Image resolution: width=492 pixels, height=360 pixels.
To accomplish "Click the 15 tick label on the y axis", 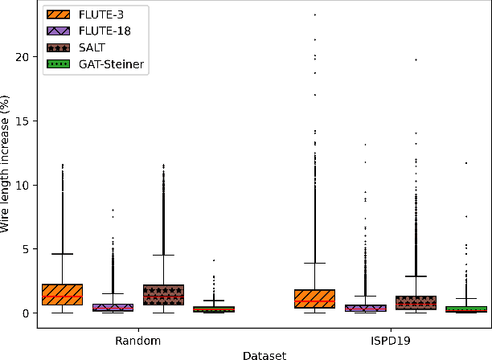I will pyautogui.click(x=23, y=121).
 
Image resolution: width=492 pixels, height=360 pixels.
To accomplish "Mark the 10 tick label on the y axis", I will pyautogui.click(x=23, y=185).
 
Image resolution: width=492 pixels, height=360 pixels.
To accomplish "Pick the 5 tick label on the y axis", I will pyautogui.click(x=27, y=249).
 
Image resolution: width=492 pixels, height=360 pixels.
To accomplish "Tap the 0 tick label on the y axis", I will pyautogui.click(x=27, y=313).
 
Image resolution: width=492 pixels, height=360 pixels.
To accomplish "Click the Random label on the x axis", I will pyautogui.click(x=137, y=341).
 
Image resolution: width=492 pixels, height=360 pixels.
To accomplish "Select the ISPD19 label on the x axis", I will pyautogui.click(x=391, y=341).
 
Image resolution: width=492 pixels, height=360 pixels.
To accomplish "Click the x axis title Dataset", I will pyautogui.click(x=264, y=354).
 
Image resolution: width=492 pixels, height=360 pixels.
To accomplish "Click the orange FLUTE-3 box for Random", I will pyautogui.click(x=62, y=295).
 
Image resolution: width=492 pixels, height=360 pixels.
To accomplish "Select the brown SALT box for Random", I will pyautogui.click(x=163, y=295).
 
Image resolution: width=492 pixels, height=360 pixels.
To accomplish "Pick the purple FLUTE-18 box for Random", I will pyautogui.click(x=113, y=307).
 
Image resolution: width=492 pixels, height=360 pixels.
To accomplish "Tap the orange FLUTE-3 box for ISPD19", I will pyautogui.click(x=315, y=298).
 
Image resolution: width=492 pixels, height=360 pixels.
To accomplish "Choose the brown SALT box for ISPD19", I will pyautogui.click(x=416, y=302).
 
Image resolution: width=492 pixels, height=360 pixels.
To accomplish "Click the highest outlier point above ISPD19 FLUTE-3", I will pyautogui.click(x=315, y=14).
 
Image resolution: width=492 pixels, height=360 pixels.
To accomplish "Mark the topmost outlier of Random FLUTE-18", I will pyautogui.click(x=113, y=210).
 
